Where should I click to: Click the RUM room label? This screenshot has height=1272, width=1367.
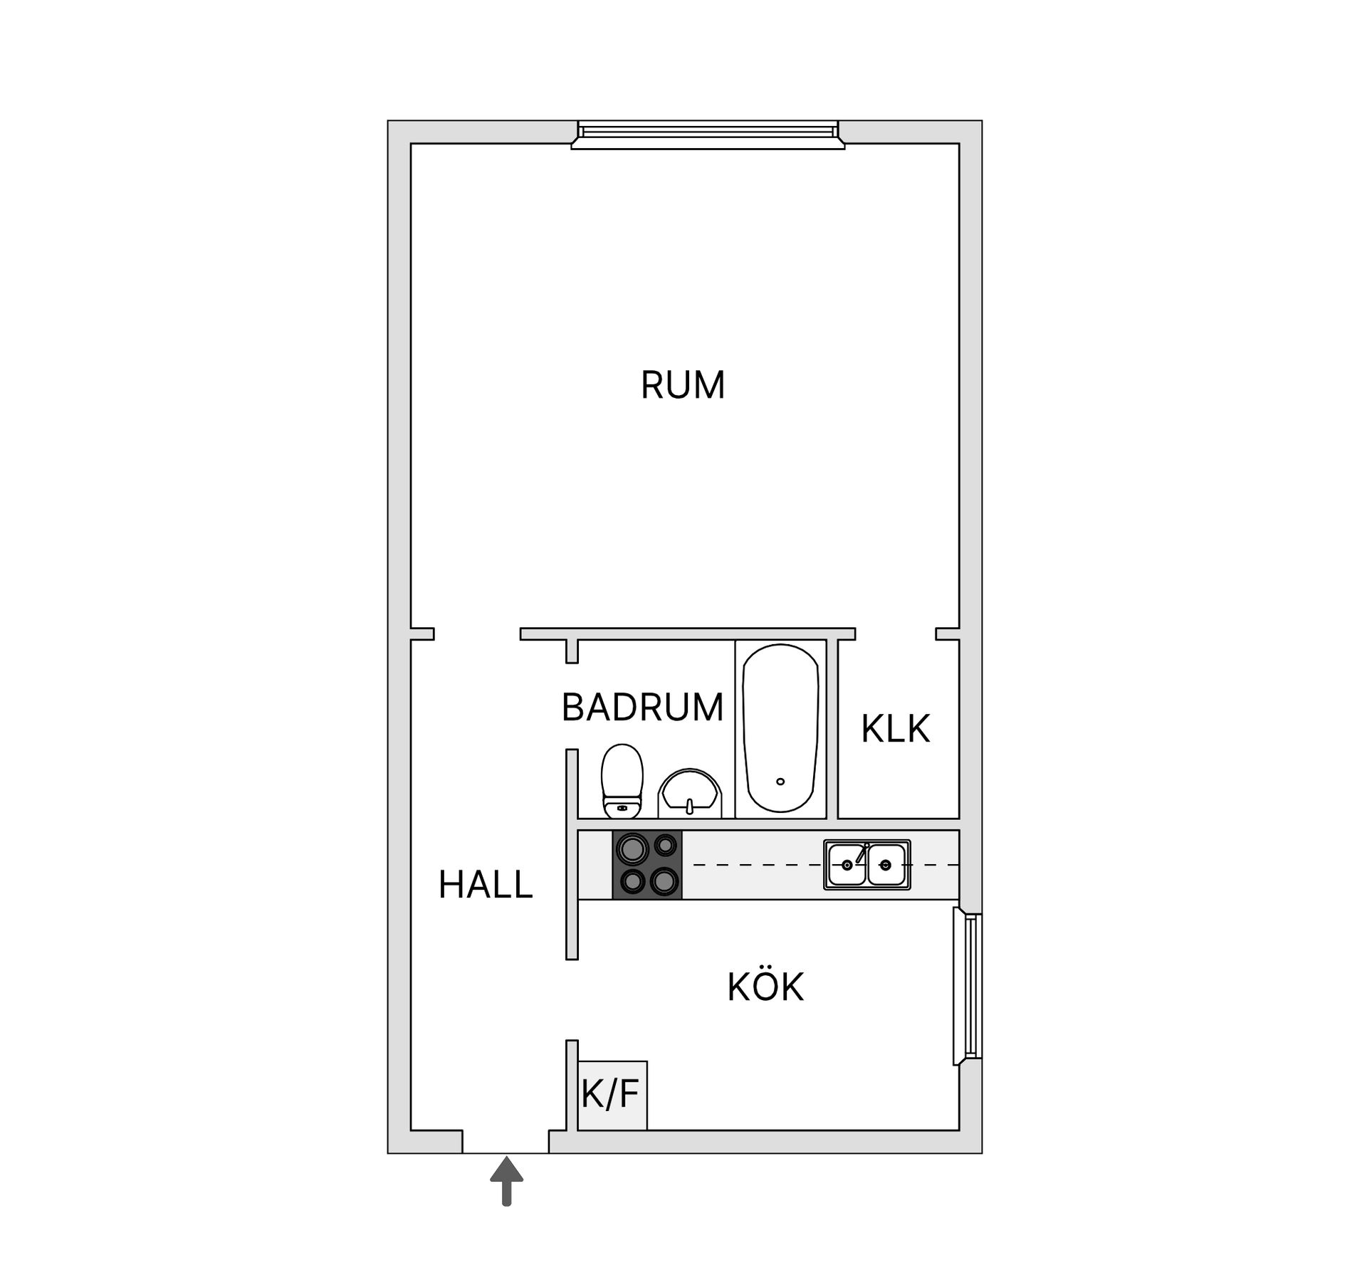point(682,385)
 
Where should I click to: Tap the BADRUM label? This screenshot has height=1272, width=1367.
point(642,708)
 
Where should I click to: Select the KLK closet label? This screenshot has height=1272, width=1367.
point(895,729)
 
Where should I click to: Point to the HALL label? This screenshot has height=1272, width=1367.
point(486,885)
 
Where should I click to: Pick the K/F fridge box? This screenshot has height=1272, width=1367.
point(612,1095)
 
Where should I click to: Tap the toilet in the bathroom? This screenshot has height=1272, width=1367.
point(622,781)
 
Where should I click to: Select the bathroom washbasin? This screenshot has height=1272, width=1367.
point(690,794)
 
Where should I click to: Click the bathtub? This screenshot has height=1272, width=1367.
point(780,728)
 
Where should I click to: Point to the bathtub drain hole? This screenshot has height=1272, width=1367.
point(780,782)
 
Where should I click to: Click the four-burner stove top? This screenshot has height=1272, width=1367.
point(647,865)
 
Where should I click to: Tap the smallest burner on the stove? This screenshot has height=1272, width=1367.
point(666,846)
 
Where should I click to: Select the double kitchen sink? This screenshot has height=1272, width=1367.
point(866,865)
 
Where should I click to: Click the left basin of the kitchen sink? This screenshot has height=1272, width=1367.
point(847,865)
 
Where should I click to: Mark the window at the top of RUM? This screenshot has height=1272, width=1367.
point(708,135)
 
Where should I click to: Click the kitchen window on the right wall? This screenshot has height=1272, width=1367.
point(968,986)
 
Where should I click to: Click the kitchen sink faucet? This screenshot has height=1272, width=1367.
point(862,853)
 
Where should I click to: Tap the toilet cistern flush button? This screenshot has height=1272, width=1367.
point(622,808)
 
